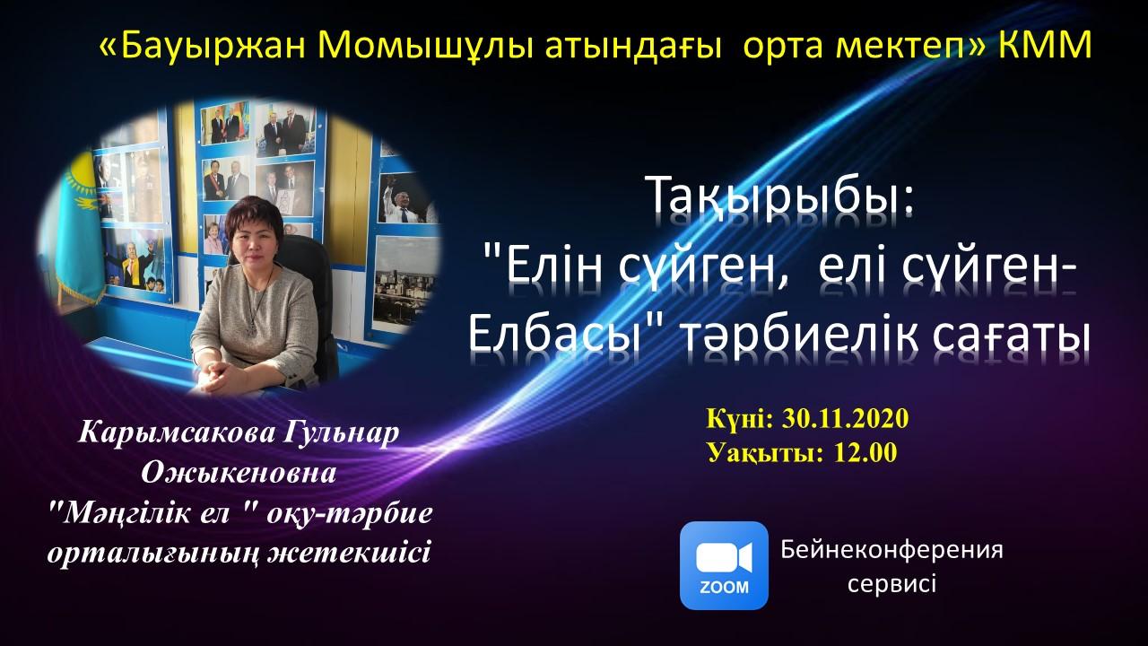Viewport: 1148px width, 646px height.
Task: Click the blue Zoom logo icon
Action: pos(724,565)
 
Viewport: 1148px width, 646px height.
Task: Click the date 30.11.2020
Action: pos(845,419)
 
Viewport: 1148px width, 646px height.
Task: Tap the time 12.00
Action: pos(865,453)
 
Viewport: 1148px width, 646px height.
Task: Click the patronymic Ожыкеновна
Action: pos(239,473)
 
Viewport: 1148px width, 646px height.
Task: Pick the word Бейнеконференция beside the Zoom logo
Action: pos(891,551)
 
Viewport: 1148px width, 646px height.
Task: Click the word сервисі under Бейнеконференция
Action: pos(891,584)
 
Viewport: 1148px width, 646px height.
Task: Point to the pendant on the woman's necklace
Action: pos(252,326)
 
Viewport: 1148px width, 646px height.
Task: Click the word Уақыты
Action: pos(766,453)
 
